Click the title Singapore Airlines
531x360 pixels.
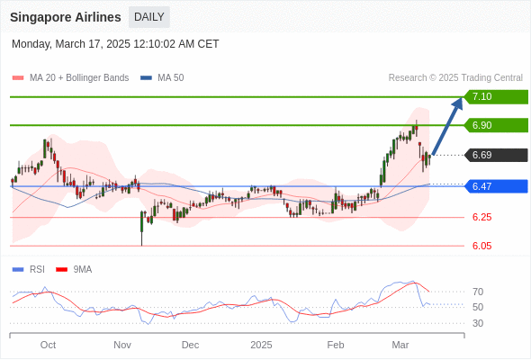pos(66,17)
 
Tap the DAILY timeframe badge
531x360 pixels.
pos(149,17)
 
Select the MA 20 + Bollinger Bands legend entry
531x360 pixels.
pos(70,78)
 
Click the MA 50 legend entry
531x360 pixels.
pos(162,78)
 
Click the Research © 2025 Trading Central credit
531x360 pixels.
pos(455,78)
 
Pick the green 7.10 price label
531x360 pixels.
pos(496,97)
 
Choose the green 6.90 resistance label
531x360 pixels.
pos(496,125)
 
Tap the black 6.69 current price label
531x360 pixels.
pos(496,155)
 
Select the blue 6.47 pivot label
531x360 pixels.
pos(496,186)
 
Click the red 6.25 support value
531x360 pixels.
pos(481,217)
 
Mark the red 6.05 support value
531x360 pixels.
pos(481,246)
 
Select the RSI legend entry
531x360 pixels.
pos(29,270)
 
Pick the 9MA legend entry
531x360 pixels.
pos(74,270)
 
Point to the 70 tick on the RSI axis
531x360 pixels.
pos(478,292)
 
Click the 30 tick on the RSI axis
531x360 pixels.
pos(478,323)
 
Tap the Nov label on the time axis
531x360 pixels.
pos(122,345)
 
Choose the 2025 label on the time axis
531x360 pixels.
pos(261,345)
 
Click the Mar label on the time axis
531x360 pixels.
pos(400,345)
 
